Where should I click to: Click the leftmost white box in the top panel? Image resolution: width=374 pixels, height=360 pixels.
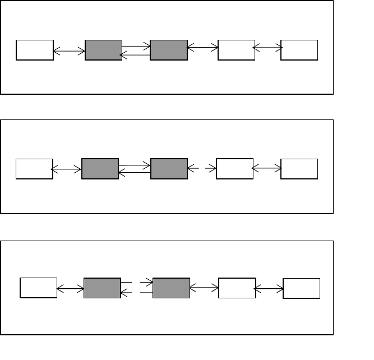pos(35,50)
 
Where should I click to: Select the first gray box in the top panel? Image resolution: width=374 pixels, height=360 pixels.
pos(103,50)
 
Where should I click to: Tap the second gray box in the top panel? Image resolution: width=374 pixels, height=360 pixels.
pos(169,50)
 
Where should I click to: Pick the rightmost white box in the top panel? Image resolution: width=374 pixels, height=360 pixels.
pos(299,50)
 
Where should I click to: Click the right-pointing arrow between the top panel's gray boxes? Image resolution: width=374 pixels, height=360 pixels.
pos(136,45)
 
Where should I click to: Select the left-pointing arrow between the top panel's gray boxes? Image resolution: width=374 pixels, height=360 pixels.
pos(136,55)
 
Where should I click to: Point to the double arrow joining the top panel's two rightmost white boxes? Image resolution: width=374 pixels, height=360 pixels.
pos(268,48)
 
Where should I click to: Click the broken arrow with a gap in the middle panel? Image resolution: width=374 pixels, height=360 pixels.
pos(202,167)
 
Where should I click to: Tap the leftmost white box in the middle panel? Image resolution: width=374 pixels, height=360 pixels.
pos(34,169)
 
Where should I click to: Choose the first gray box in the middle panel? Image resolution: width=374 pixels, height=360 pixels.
pos(100,169)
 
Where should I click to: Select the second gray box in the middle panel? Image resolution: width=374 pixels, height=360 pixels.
pos(169,169)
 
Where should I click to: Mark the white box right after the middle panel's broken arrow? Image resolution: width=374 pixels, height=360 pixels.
pos(234,169)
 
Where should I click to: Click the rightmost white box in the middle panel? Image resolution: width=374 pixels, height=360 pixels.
pos(299,169)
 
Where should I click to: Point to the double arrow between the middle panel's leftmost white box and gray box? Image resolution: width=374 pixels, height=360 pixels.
pos(66,168)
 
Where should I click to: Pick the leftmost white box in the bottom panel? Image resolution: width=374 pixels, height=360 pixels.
pos(38,288)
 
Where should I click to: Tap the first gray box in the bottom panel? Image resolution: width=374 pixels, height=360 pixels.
pos(102,288)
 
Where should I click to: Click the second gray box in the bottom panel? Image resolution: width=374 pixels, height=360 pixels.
pos(171,288)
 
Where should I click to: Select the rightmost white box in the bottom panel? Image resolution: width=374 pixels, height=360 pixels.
pos(302,288)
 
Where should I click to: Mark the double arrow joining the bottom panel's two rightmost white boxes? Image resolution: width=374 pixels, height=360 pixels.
pos(269,289)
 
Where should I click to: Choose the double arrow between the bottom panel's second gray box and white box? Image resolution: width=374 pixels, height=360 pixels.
pos(204,288)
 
